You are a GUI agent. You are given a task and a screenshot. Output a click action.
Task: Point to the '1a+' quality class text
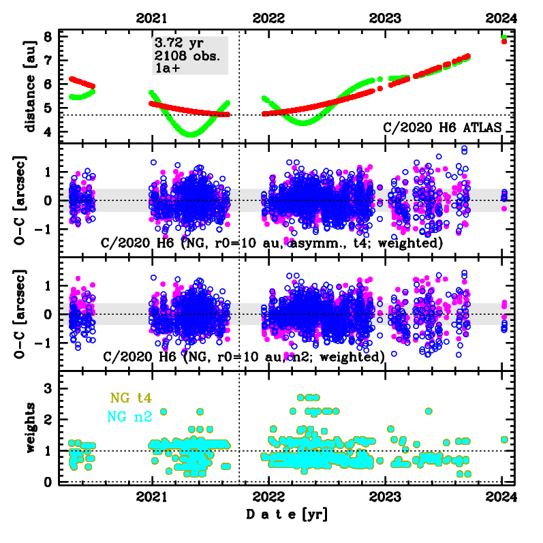point(166,67)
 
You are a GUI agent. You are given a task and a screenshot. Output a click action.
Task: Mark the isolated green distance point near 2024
point(503,37)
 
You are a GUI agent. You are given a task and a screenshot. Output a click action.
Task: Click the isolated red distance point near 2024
point(503,42)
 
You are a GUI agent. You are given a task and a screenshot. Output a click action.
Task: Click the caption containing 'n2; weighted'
point(243,356)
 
